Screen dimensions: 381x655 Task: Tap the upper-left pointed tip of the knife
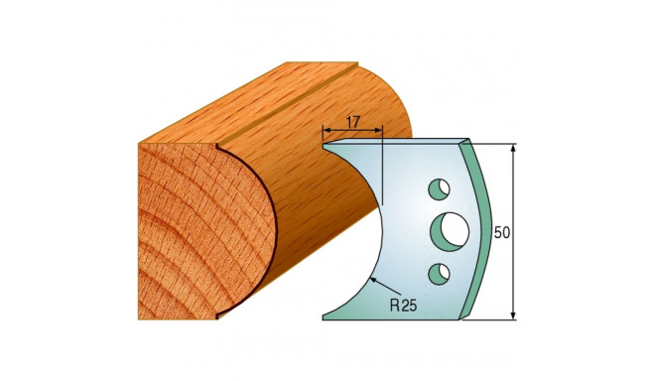(x=326, y=146)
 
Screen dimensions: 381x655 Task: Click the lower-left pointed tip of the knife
(x=325, y=317)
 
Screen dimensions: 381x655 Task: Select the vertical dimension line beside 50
(x=514, y=198)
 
